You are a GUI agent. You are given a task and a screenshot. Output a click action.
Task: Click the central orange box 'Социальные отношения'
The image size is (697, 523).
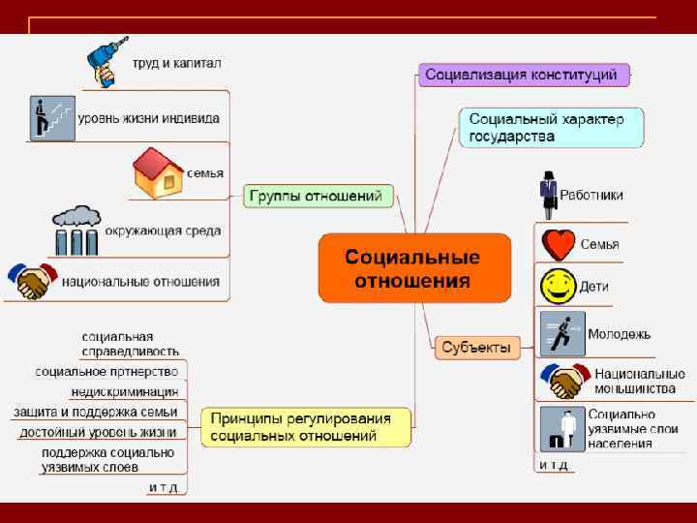[x=414, y=268]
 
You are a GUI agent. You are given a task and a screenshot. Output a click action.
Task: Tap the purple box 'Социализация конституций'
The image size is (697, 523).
[x=524, y=75]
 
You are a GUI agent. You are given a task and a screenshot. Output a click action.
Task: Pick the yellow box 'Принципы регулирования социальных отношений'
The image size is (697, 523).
[x=306, y=427]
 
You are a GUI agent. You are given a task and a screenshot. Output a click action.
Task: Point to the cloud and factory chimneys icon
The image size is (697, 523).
[x=76, y=231]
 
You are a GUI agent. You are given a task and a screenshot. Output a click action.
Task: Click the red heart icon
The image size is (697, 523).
[x=559, y=244]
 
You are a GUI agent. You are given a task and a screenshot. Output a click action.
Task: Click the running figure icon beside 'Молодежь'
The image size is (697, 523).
[x=561, y=334]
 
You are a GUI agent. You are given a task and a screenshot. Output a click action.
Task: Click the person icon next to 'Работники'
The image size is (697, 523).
[x=549, y=193]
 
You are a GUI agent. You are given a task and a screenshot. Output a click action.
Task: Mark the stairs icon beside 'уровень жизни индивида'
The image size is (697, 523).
[x=51, y=118]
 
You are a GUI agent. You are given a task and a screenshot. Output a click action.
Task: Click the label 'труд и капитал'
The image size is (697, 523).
[x=178, y=64]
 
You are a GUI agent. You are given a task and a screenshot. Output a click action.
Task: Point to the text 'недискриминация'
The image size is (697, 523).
[x=125, y=392]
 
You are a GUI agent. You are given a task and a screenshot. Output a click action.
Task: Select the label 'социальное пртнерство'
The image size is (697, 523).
[x=107, y=372]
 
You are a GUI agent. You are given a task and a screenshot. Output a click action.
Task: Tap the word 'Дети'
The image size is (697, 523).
[x=594, y=288]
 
